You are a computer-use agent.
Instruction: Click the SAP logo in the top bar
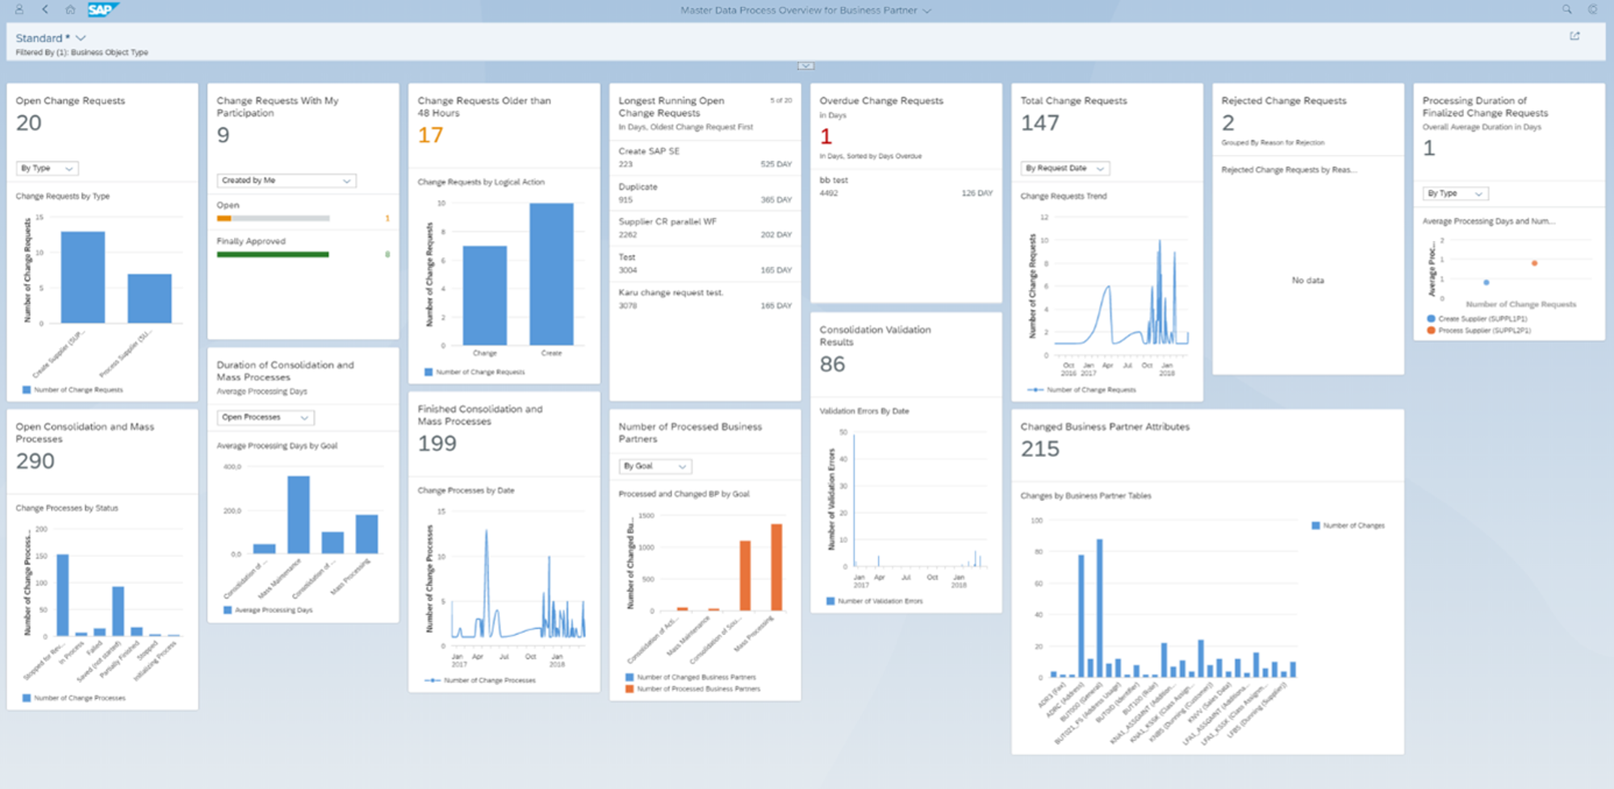click(102, 10)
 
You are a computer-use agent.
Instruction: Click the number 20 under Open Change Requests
click(29, 123)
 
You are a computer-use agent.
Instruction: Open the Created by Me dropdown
click(286, 181)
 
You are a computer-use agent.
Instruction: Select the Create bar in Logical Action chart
click(551, 274)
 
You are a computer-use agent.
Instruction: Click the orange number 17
click(430, 136)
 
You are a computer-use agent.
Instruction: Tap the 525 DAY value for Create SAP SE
click(776, 165)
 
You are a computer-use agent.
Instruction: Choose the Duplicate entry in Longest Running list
click(638, 187)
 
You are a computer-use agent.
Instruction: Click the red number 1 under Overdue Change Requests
click(826, 136)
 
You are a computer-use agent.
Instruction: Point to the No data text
click(1307, 281)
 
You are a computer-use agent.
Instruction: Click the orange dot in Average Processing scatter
click(1534, 263)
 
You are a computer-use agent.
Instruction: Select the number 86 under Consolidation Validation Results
click(832, 365)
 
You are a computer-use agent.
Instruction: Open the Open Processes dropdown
click(266, 418)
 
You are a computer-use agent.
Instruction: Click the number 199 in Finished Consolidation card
click(437, 444)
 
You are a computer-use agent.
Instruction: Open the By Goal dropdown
click(655, 466)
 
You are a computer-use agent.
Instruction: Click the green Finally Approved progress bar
click(273, 255)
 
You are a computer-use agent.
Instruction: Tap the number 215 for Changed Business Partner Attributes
click(1039, 449)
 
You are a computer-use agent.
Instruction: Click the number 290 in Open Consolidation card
click(36, 461)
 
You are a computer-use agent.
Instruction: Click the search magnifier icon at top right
click(1566, 10)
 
